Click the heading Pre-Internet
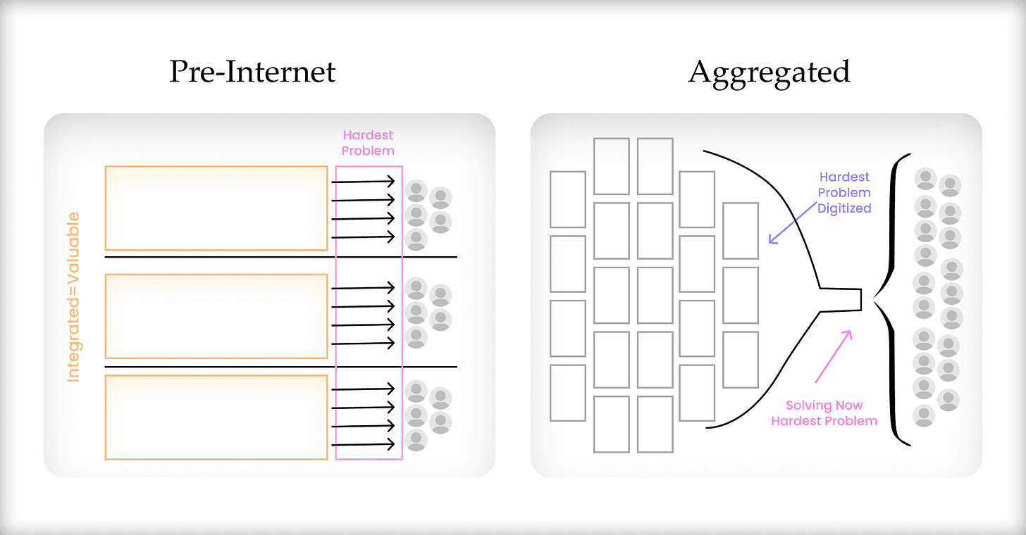tap(252, 73)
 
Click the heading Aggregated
tap(769, 73)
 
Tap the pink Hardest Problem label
tap(368, 142)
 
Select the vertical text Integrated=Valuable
tap(73, 297)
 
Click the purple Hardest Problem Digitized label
tap(844, 192)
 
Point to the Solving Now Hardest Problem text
tap(824, 413)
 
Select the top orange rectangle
tap(216, 208)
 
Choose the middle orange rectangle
tap(216, 316)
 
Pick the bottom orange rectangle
tap(216, 417)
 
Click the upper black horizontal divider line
tap(280, 257)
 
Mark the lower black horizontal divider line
tap(280, 367)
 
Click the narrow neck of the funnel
tap(842, 298)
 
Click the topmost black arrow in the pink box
tap(363, 182)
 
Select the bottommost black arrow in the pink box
tap(363, 444)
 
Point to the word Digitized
tap(844, 208)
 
